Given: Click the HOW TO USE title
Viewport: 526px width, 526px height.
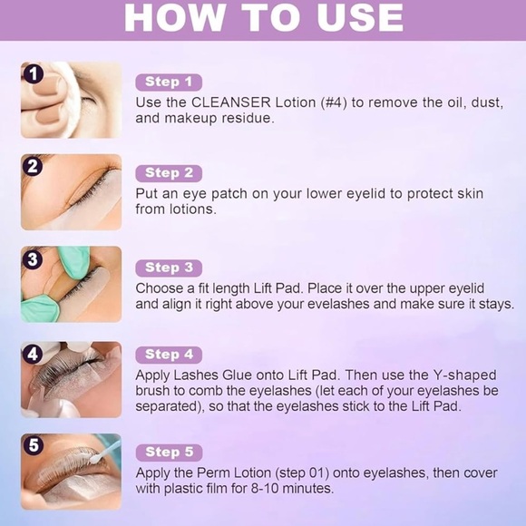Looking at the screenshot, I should (263, 18).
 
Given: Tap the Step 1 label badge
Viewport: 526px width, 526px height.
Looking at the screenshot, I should (169, 83).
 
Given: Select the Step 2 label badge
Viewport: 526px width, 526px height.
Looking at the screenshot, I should (169, 173).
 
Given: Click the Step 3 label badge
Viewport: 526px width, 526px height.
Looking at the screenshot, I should (169, 268).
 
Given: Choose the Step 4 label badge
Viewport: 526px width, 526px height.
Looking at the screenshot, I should (169, 355).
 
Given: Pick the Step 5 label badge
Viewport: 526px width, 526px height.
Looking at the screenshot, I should (169, 452).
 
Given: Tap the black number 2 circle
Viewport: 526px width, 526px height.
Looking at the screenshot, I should (34, 166).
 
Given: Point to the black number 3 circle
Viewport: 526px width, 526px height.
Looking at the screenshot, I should (34, 259).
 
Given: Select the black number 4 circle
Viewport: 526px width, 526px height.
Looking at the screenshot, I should (34, 354).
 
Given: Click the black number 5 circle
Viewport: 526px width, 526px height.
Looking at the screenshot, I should (34, 445).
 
